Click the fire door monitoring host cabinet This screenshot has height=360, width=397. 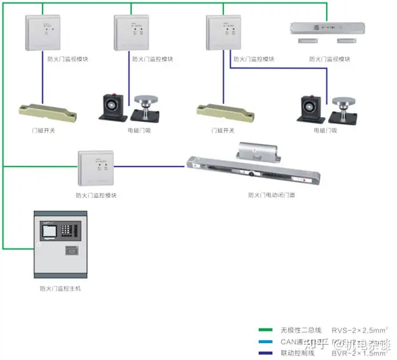(60, 244)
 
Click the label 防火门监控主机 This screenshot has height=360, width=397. (60, 288)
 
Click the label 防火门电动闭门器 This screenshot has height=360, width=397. (271, 195)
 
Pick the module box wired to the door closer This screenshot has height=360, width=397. (96, 167)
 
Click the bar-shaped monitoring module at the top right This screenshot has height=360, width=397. (329, 28)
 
